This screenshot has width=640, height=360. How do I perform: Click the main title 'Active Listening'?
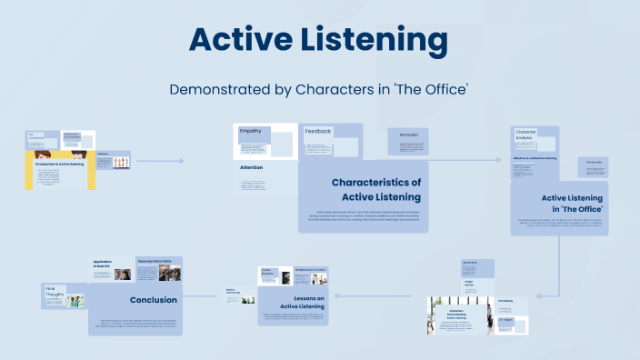(x=318, y=41)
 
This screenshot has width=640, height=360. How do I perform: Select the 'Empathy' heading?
(x=250, y=132)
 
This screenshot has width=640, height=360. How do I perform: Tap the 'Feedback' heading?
(x=318, y=132)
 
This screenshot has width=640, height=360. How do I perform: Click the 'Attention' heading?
(x=252, y=168)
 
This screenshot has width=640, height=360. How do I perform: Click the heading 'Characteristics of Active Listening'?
(x=375, y=189)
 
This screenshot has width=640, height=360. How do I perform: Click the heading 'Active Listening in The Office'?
(x=573, y=203)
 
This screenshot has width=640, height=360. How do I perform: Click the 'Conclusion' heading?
(x=153, y=300)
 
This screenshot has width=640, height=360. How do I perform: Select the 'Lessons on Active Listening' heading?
(x=304, y=303)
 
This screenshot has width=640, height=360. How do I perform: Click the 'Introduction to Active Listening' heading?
(x=59, y=164)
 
